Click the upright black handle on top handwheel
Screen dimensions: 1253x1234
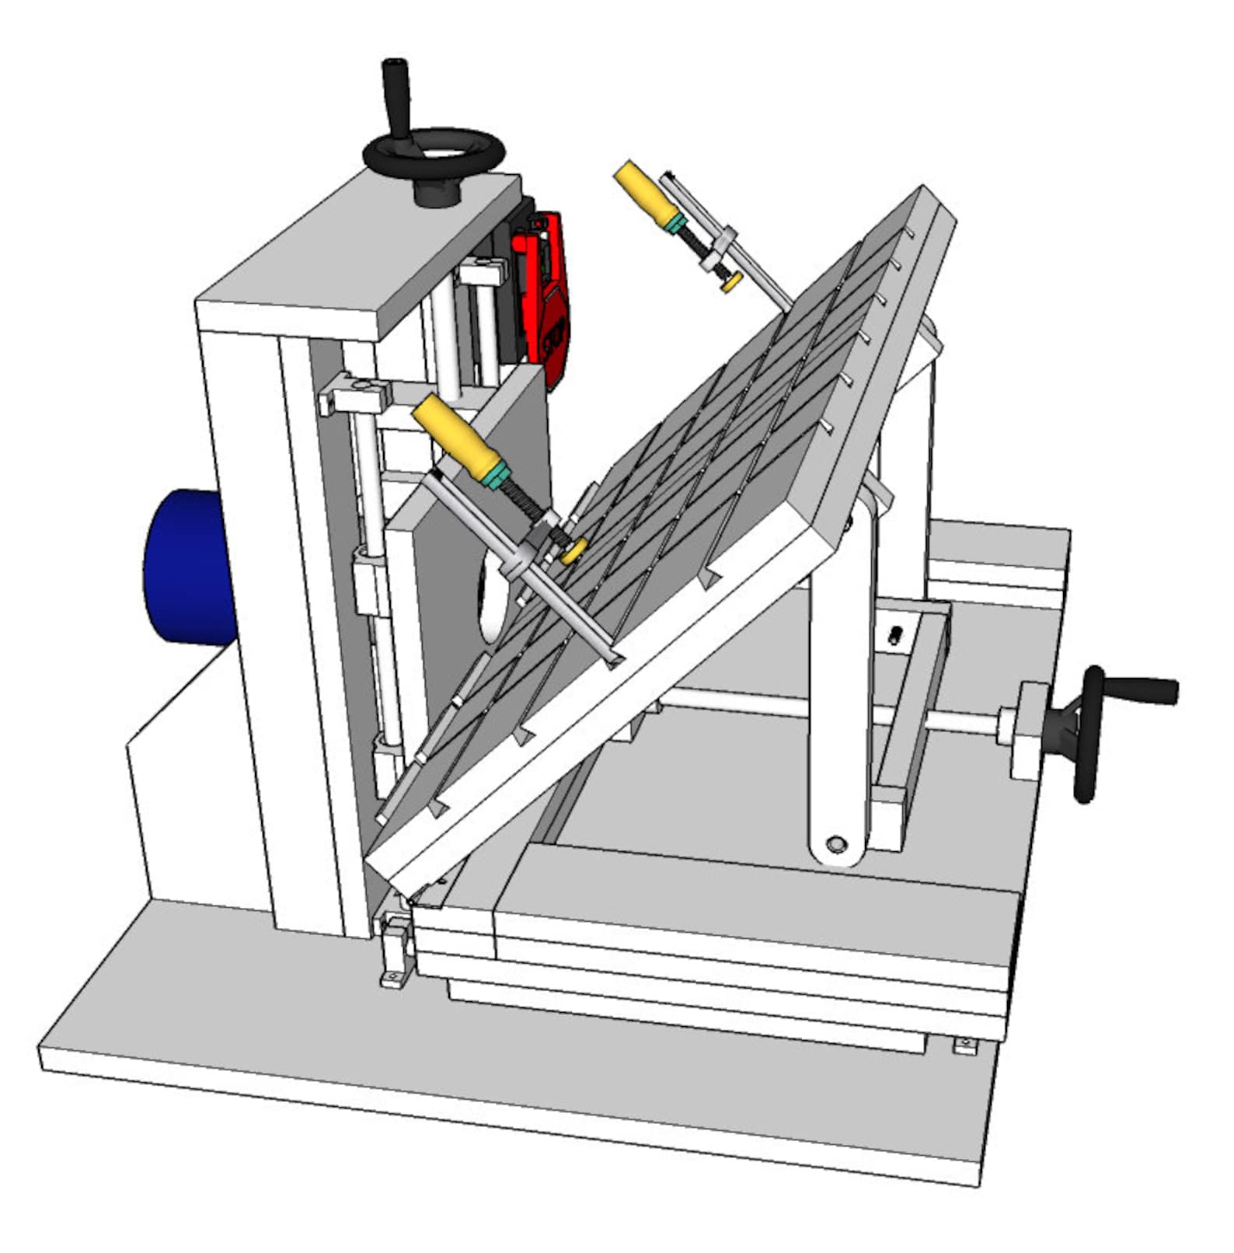pos(396,97)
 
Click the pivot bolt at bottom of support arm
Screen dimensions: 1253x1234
pos(836,843)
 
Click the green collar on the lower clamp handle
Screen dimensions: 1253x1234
pos(494,475)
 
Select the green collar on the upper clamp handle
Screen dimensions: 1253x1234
pos(675,223)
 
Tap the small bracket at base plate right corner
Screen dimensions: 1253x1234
pos(964,1046)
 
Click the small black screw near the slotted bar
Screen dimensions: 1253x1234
pos(895,637)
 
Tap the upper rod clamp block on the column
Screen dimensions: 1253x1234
pos(354,396)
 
